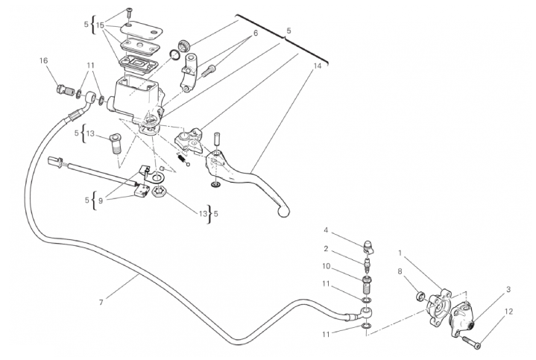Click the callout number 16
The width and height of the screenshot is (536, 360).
(x=43, y=61)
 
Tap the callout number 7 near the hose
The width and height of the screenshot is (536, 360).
(x=101, y=303)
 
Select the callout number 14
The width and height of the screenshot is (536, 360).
(x=318, y=66)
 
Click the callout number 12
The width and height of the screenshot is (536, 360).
(x=508, y=312)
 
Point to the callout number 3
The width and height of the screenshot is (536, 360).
(x=508, y=290)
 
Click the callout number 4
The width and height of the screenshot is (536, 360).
(x=326, y=230)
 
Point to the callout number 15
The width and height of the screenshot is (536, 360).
(x=100, y=25)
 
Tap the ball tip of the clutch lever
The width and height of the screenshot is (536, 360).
(x=284, y=211)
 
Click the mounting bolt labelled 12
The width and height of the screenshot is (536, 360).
(x=472, y=342)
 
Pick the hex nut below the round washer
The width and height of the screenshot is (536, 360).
(x=158, y=191)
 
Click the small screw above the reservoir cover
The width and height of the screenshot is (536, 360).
(x=129, y=13)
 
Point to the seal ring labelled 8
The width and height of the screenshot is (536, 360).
(x=420, y=296)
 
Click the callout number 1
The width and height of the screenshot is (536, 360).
(x=400, y=253)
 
